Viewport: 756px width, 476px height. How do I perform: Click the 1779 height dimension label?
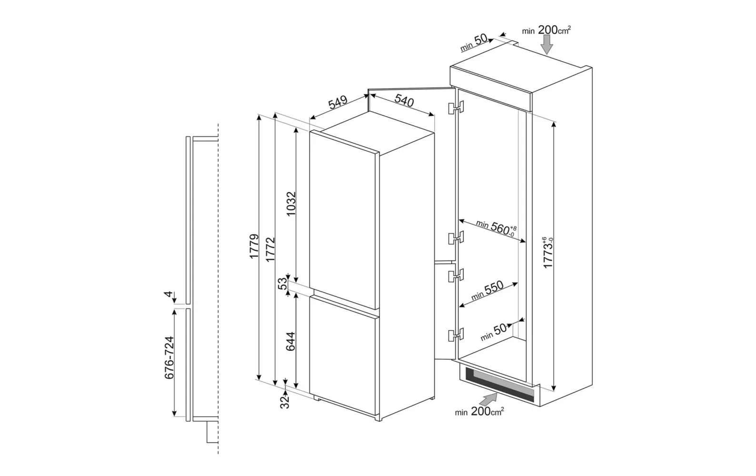[254, 246]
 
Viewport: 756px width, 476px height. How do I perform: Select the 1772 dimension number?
[270, 250]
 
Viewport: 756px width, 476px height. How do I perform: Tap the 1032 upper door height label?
[290, 204]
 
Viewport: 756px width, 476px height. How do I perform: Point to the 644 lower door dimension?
[290, 341]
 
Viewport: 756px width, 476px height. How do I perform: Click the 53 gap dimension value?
[282, 284]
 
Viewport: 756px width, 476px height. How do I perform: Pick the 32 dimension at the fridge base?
[285, 402]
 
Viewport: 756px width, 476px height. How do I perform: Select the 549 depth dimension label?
[338, 102]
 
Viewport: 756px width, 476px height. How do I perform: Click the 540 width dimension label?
[404, 100]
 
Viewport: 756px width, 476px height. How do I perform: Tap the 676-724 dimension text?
[169, 357]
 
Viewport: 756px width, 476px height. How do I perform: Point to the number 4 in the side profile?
[168, 294]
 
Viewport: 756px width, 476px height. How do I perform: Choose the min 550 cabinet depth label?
[487, 290]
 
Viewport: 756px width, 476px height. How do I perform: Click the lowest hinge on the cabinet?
[456, 335]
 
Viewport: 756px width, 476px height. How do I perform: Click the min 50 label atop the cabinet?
[474, 43]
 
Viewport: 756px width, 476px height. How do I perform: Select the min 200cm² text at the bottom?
[479, 411]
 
